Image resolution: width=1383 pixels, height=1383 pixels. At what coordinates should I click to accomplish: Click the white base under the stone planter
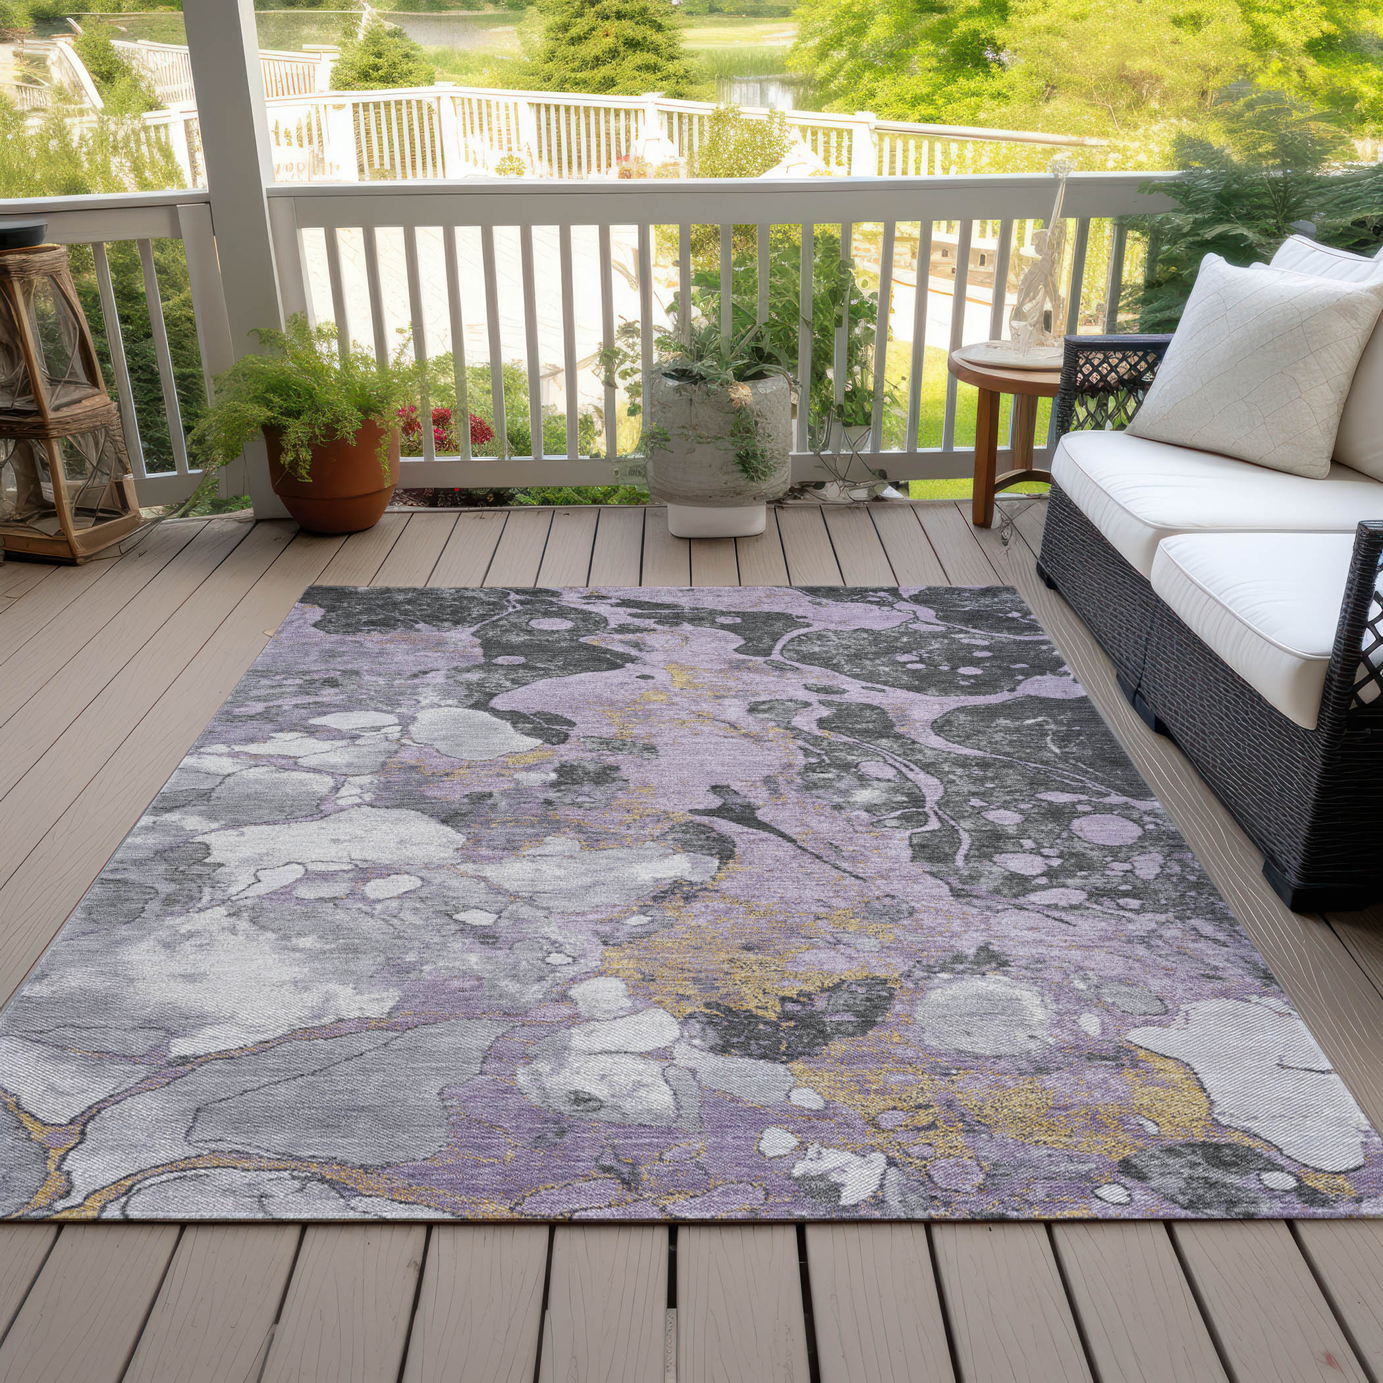717,518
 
